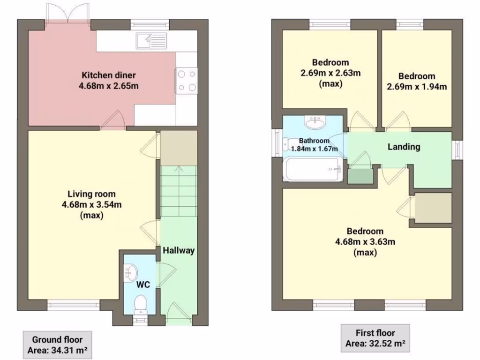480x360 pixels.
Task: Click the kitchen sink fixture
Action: tap(151, 41)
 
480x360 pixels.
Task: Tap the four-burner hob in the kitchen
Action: tap(186, 81)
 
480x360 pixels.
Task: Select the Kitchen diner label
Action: tap(109, 75)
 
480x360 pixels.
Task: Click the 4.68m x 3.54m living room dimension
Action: tap(91, 204)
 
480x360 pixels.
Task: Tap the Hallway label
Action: tap(179, 250)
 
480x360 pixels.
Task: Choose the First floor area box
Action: tap(375, 338)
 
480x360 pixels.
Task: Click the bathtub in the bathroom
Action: tap(313, 170)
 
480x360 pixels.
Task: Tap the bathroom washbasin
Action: tap(315, 123)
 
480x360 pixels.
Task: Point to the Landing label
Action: tap(404, 147)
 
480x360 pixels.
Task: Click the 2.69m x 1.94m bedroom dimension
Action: tap(417, 87)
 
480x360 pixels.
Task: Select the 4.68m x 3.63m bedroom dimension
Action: tap(365, 242)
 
